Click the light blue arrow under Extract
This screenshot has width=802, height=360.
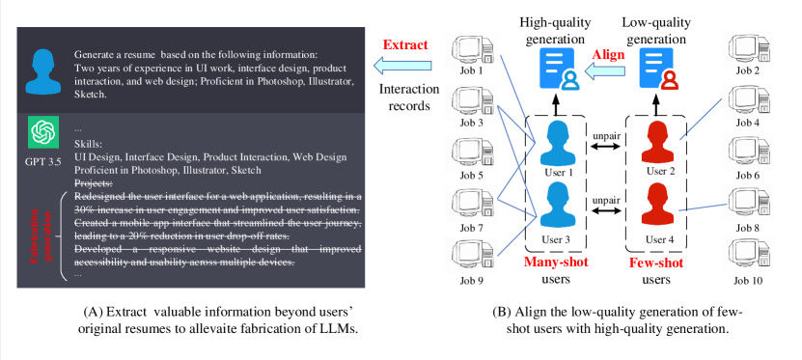[403, 66]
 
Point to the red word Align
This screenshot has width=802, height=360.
[608, 55]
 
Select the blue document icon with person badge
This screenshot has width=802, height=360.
[560, 69]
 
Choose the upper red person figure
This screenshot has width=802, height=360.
[657, 144]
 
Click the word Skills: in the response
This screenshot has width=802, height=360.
[88, 144]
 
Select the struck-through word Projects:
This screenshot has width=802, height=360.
[94, 183]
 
